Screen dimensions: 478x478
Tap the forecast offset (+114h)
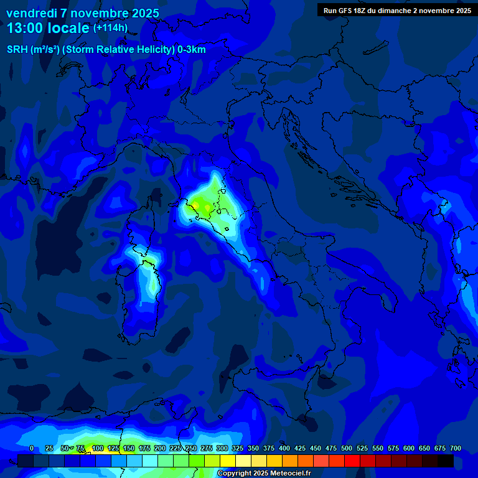[110, 27]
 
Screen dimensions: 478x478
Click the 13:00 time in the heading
[26, 28]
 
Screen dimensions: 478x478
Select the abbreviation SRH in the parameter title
[17, 50]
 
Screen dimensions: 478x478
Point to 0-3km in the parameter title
[192, 50]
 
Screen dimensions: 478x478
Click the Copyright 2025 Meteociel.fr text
[264, 474]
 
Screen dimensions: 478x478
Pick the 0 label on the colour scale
[32, 449]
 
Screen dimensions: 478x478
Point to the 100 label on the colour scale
[97, 449]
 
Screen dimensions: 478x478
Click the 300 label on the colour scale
[222, 449]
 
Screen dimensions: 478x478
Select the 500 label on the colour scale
[347, 449]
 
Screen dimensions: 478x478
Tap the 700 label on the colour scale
[456, 449]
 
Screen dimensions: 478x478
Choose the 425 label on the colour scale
[300, 449]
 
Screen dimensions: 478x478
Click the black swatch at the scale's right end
[446, 461]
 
